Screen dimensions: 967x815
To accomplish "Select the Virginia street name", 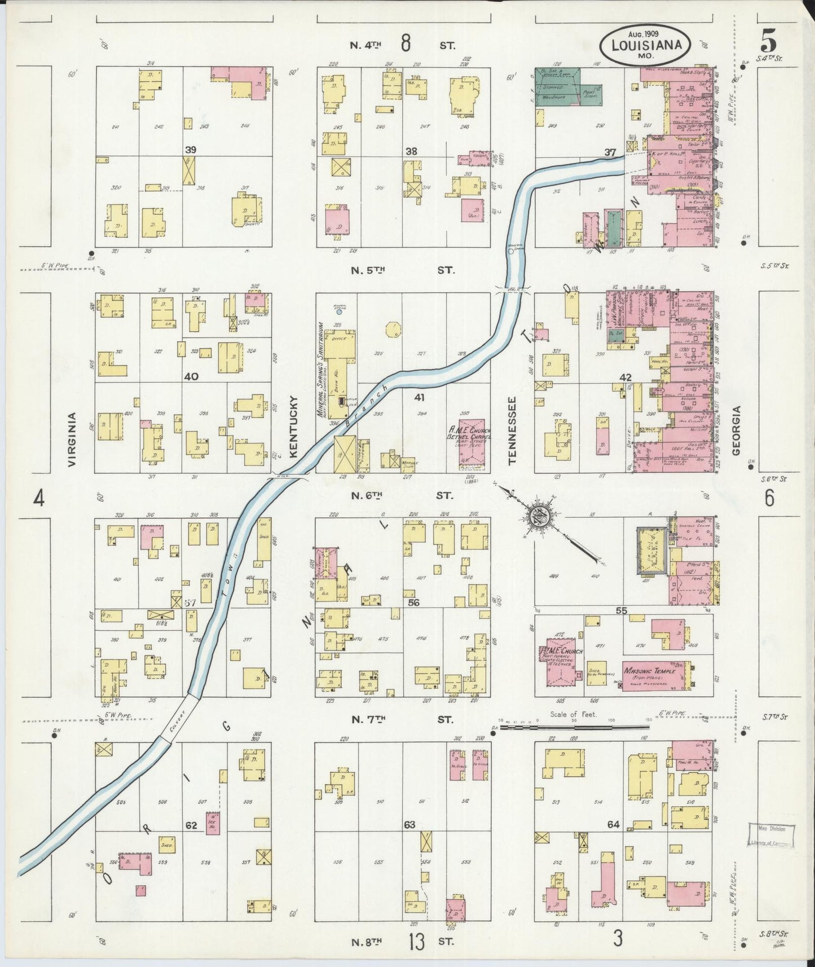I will pyautogui.click(x=72, y=439).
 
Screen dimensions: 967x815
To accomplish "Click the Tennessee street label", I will pyautogui.click(x=513, y=430).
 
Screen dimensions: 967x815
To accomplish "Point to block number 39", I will pyautogui.click(x=191, y=150).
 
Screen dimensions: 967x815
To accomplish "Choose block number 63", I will pyautogui.click(x=409, y=824).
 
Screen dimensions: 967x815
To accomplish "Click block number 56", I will pyautogui.click(x=413, y=603).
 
